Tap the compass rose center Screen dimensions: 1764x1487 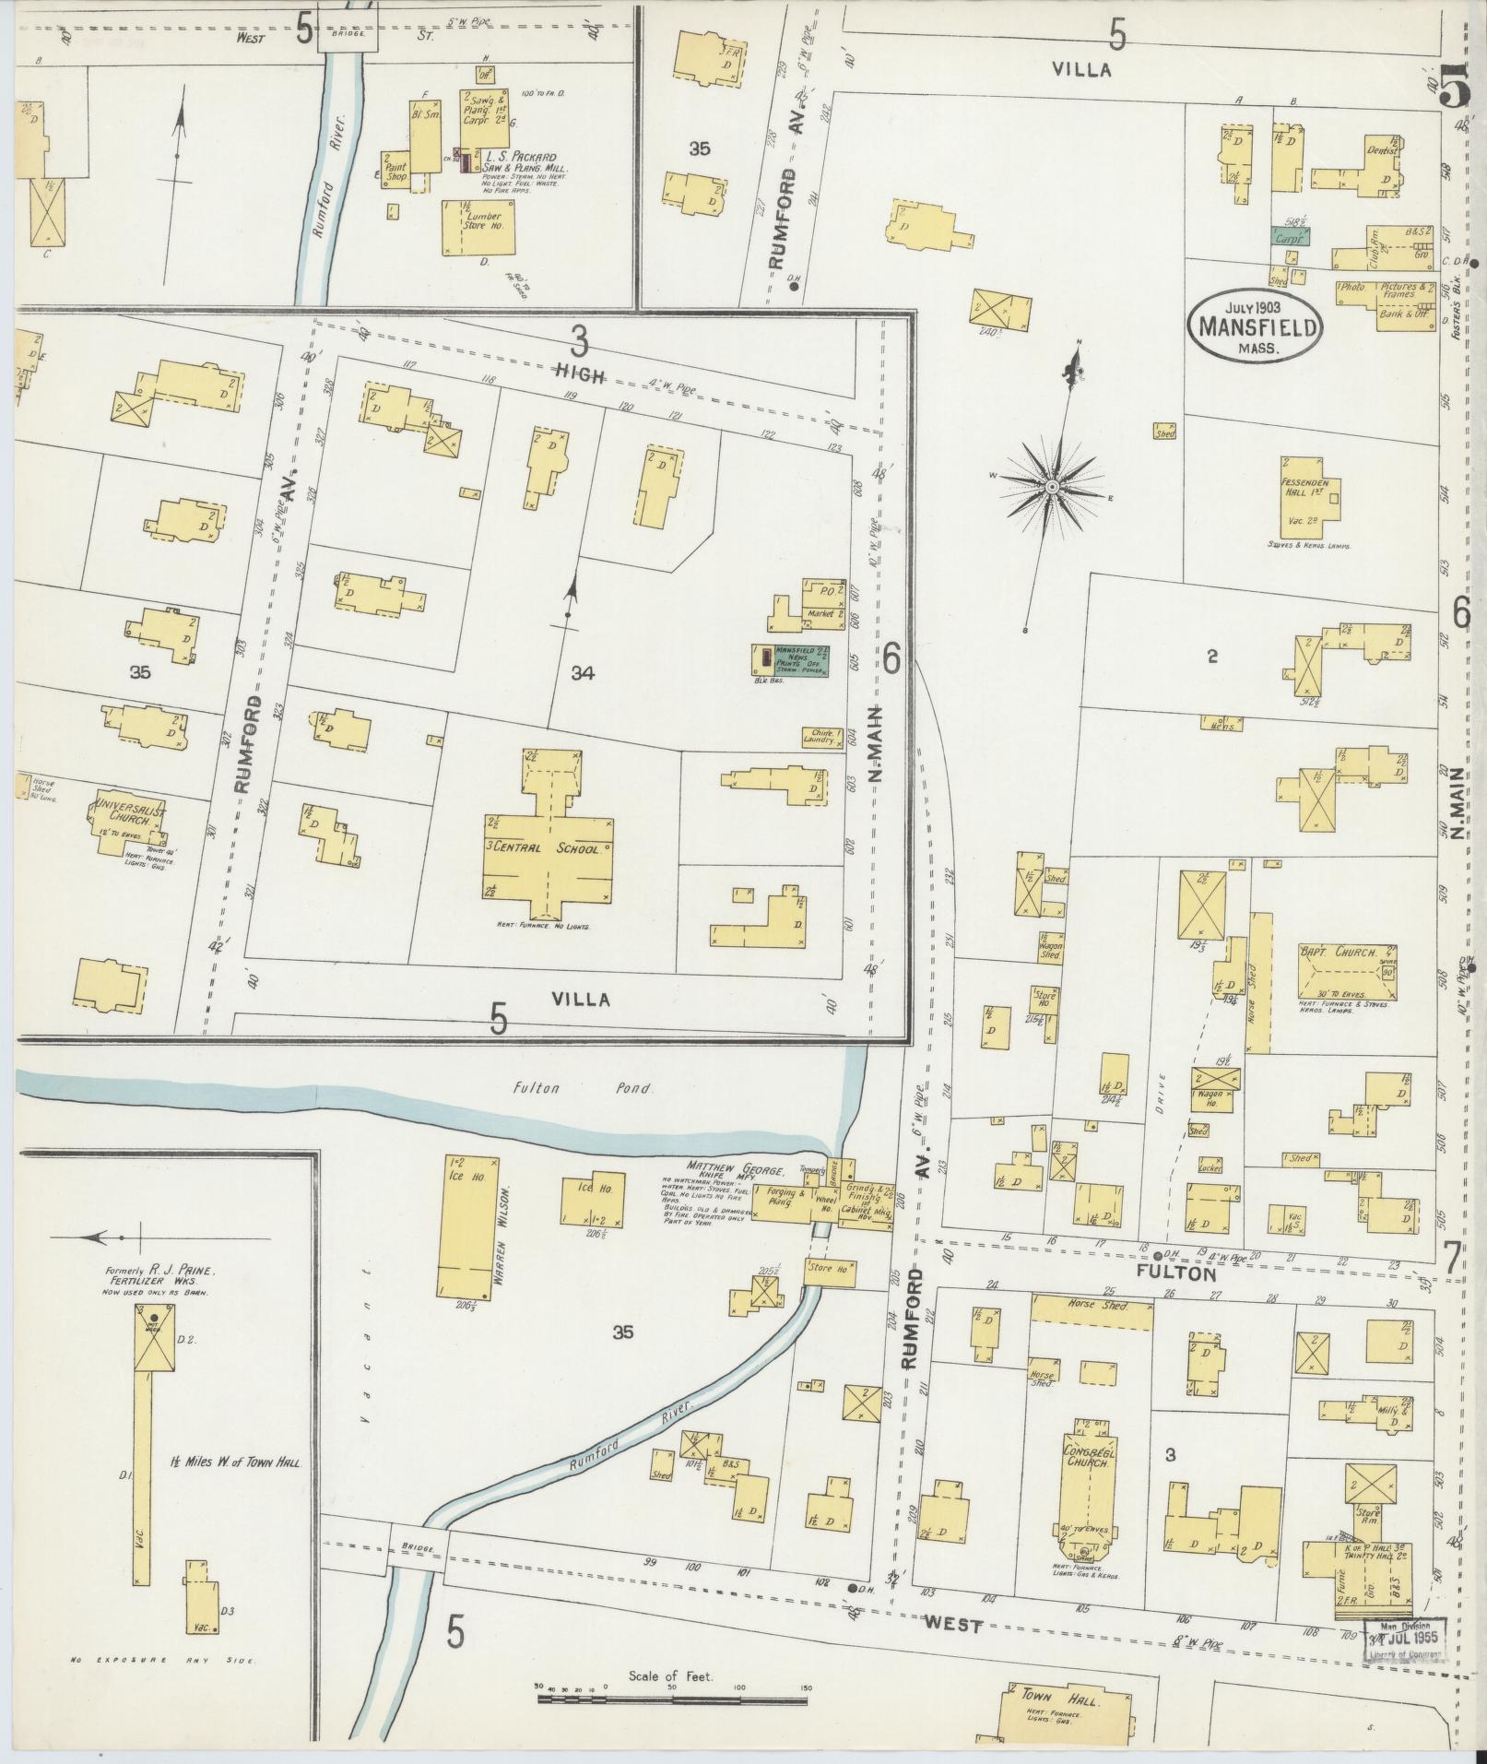[x=1051, y=485]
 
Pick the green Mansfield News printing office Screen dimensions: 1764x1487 [x=799, y=661]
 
